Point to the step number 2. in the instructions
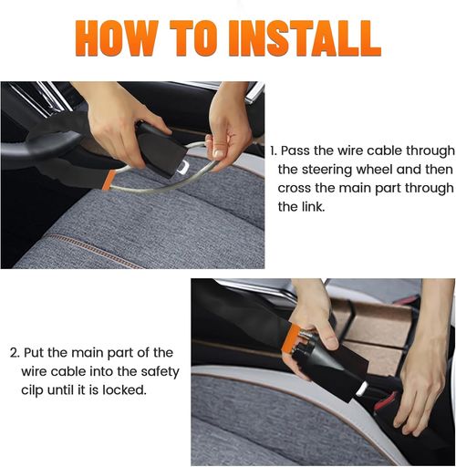(15, 352)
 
